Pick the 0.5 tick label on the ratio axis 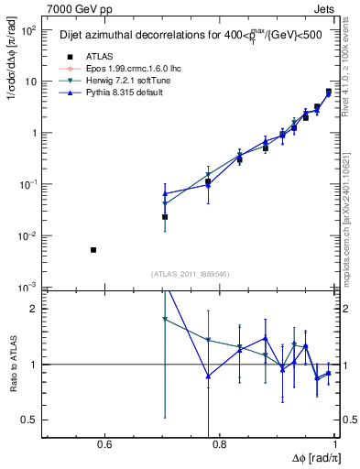29,420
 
